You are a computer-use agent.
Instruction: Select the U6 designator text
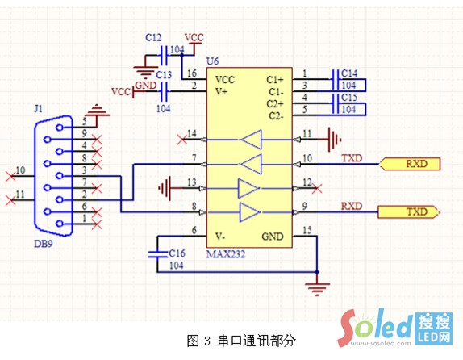(x=213, y=61)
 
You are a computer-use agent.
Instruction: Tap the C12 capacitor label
(x=153, y=38)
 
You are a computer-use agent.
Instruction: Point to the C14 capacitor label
(x=348, y=73)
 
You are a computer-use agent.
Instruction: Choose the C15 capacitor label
(x=348, y=97)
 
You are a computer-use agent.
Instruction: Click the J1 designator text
(x=38, y=107)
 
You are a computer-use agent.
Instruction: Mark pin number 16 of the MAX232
(x=191, y=73)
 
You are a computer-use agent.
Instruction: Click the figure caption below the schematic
(x=241, y=341)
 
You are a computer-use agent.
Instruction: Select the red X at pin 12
(x=318, y=188)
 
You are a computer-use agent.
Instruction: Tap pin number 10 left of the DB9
(x=20, y=170)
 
